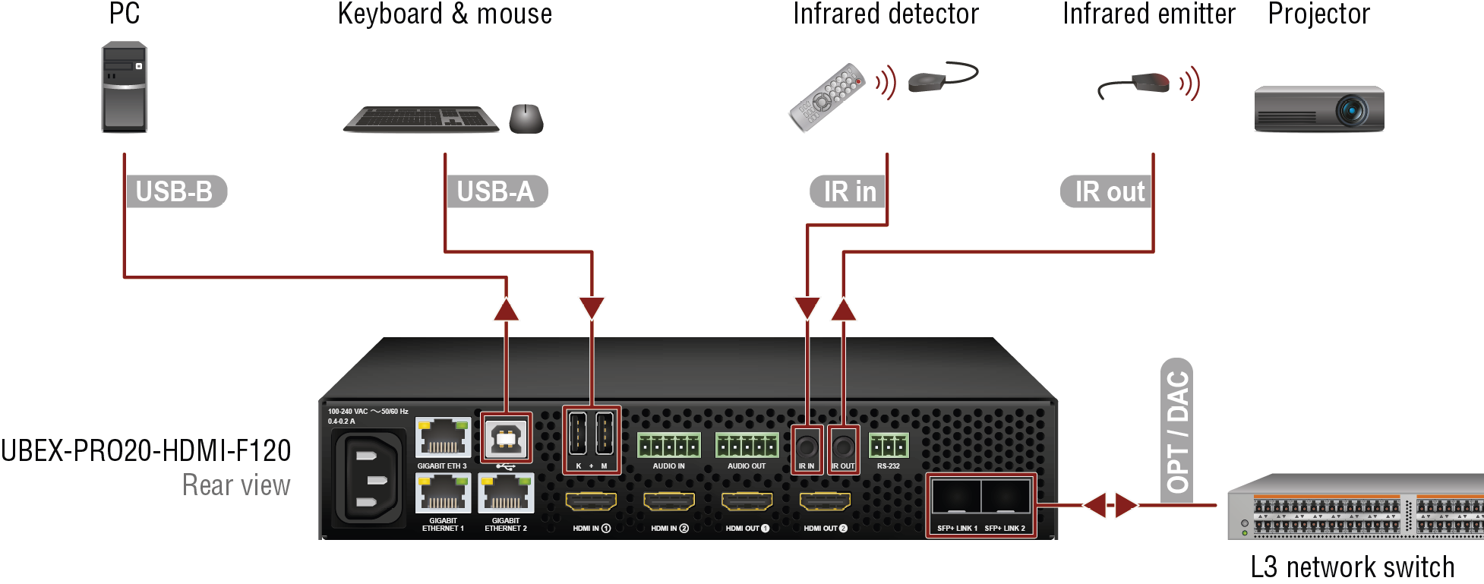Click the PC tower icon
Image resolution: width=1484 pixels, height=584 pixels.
124,87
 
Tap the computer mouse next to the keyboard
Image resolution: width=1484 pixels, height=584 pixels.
526,118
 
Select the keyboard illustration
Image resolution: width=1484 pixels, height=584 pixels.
421,119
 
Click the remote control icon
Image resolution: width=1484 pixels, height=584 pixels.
827,97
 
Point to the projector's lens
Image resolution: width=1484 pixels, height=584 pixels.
1352,111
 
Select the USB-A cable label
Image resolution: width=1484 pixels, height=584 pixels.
497,191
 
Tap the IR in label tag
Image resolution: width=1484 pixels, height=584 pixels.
848,191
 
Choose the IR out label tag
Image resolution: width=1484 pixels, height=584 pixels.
1107,191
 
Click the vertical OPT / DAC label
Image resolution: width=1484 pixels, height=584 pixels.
1177,430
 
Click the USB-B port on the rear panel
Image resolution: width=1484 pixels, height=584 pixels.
506,437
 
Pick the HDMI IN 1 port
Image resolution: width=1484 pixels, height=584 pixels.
591,501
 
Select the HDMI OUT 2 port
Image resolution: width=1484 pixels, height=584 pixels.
825,501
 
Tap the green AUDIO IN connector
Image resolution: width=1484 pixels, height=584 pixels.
668,445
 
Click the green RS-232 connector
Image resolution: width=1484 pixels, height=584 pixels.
889,445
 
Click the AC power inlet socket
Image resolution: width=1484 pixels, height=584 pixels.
368,478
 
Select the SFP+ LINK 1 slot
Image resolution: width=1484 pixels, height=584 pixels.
956,497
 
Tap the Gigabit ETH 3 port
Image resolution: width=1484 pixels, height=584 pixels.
443,437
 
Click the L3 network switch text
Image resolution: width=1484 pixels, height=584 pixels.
1353,567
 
